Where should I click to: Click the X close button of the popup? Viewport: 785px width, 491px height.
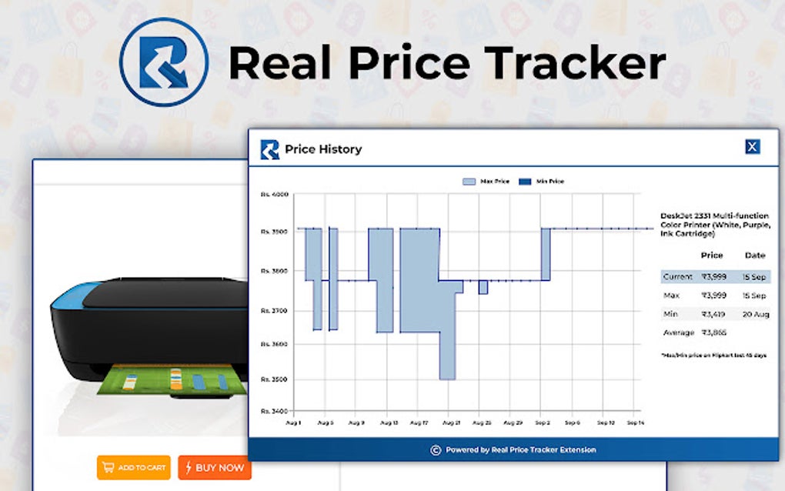click(x=752, y=147)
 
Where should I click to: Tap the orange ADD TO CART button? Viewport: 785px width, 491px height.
click(x=133, y=467)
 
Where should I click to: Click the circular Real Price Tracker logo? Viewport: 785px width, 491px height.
click(x=164, y=62)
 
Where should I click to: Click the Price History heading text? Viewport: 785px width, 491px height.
click(x=323, y=149)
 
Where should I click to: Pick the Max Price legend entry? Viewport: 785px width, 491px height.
click(x=486, y=182)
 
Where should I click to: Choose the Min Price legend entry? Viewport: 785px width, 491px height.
click(x=541, y=182)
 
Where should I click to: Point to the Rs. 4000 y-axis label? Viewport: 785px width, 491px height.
click(x=274, y=195)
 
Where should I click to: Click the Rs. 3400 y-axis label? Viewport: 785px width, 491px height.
click(x=274, y=411)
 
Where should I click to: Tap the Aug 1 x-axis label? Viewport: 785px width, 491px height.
click(x=293, y=423)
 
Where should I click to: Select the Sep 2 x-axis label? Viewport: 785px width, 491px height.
click(x=543, y=423)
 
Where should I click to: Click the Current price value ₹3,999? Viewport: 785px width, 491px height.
click(x=713, y=276)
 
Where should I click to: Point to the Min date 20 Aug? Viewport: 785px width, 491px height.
click(x=755, y=314)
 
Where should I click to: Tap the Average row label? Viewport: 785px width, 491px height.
click(x=678, y=332)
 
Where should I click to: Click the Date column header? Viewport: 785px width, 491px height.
click(x=755, y=255)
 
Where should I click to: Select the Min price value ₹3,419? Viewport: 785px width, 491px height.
click(x=713, y=314)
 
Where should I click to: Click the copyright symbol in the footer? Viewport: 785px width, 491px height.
click(x=436, y=450)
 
